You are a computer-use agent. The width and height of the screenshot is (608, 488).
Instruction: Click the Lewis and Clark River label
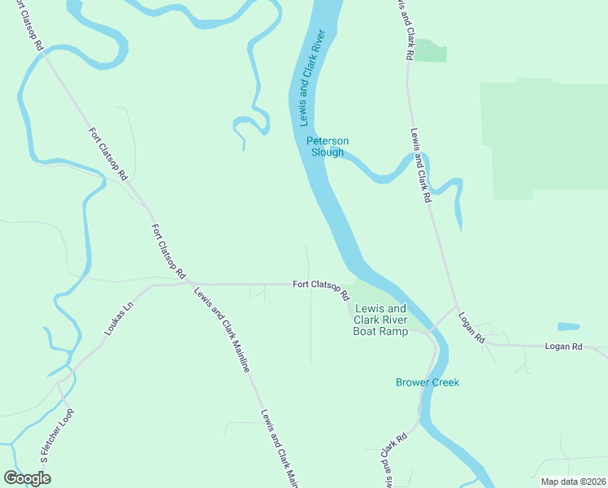coord(311,78)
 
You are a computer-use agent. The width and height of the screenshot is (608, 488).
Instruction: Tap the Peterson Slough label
coord(328,146)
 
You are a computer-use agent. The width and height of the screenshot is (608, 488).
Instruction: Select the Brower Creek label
coord(428,382)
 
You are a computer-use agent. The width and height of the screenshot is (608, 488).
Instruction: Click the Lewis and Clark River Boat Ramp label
coord(381,320)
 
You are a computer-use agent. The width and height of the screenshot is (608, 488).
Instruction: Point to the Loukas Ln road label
coord(117,320)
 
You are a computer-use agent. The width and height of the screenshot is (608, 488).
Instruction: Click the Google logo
coord(27,478)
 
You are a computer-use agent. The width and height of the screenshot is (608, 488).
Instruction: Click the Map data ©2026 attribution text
coord(572,481)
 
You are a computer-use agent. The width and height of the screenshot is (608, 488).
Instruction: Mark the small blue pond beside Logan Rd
coord(569,327)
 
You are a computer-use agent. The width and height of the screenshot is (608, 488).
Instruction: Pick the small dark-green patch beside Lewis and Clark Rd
coord(433,50)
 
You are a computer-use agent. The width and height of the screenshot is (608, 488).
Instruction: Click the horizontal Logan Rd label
coord(564,346)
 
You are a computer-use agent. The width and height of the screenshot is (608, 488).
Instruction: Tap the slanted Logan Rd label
coord(471,327)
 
